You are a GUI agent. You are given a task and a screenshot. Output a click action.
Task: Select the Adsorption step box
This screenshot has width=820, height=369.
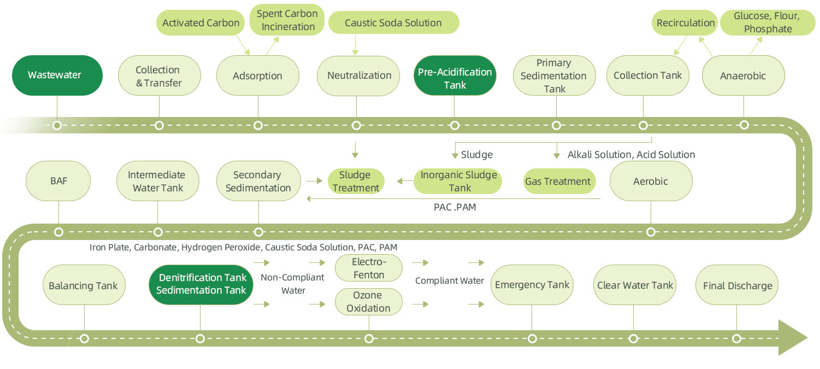[x=257, y=76]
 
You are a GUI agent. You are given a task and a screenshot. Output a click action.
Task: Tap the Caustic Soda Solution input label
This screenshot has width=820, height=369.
[x=393, y=23]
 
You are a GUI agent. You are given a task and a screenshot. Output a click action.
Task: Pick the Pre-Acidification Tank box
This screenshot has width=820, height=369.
[x=455, y=78]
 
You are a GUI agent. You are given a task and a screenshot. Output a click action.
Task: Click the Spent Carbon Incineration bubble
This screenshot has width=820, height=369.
[x=287, y=20]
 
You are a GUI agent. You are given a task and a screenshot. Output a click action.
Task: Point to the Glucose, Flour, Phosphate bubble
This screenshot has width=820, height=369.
[x=768, y=23]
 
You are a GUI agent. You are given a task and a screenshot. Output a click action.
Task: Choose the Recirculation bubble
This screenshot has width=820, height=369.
[x=686, y=23]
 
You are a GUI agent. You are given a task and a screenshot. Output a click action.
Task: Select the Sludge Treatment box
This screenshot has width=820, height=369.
[x=356, y=181]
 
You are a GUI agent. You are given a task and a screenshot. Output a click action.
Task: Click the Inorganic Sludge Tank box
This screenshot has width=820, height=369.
[x=458, y=181]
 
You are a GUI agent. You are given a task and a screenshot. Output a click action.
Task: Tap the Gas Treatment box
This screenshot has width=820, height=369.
[x=558, y=181]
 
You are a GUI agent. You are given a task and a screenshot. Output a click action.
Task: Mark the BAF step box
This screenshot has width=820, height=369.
[x=58, y=181]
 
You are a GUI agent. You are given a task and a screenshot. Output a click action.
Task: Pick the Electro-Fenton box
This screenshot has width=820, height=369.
[x=368, y=268]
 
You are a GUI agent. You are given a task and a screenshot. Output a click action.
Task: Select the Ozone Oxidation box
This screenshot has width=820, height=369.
[x=368, y=302]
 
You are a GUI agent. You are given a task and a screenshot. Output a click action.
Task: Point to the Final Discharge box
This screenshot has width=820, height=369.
[x=737, y=285]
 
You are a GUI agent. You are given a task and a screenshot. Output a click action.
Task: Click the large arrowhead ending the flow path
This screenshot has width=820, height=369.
[x=792, y=338]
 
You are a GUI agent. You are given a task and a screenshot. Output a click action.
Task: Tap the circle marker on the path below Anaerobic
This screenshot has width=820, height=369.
[x=744, y=125]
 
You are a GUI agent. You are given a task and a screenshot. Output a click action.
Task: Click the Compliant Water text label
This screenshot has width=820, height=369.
[x=450, y=281]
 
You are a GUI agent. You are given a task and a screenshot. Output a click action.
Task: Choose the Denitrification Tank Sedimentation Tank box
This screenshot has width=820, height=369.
[x=201, y=284]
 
